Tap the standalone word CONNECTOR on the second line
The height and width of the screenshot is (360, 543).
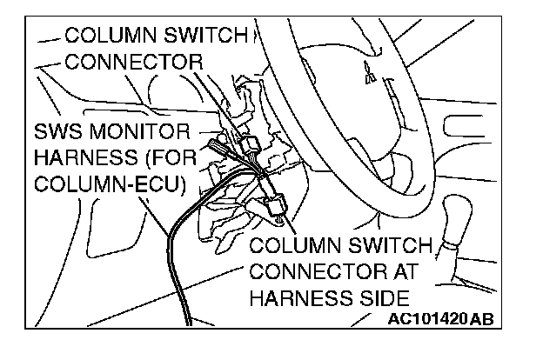(134, 62)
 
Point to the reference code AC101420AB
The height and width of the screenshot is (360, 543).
(439, 319)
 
